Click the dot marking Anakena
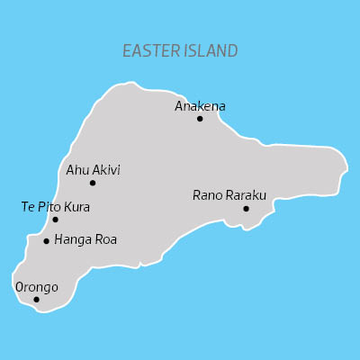(200, 118)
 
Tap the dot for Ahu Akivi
(93, 183)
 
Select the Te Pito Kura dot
(55, 220)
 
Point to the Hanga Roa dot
(46, 240)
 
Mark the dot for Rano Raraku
(246, 209)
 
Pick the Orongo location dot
(36, 300)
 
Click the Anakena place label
(200, 105)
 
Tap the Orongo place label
(37, 287)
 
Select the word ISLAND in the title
(210, 50)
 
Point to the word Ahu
(77, 169)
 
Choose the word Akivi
(105, 169)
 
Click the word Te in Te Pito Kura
(28, 206)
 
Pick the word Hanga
(73, 240)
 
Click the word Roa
(105, 239)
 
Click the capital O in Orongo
(20, 287)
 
